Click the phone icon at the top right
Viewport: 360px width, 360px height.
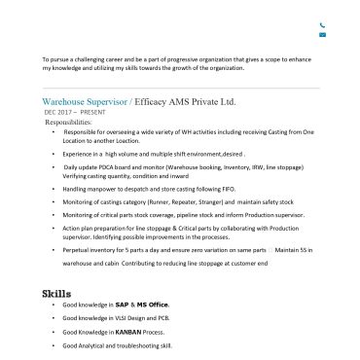tap(322, 25)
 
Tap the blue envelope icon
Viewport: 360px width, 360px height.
tap(322, 35)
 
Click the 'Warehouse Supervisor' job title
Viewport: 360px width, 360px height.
tap(85, 101)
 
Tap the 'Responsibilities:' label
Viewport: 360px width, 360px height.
tap(68, 122)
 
